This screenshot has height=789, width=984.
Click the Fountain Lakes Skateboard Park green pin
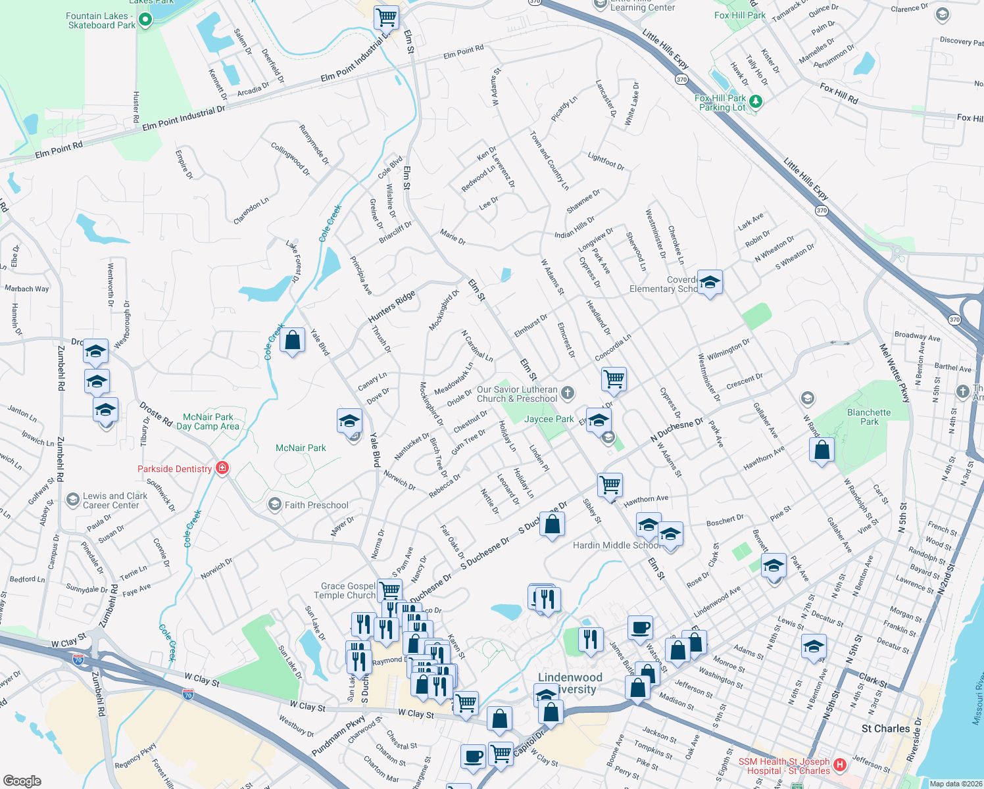[145, 20]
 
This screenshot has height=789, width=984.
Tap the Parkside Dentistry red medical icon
[222, 468]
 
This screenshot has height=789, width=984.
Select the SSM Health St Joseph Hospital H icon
[839, 765]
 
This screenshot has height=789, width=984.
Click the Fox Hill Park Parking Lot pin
[756, 101]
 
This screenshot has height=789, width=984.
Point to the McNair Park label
[301, 448]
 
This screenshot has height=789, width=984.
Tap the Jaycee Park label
[549, 419]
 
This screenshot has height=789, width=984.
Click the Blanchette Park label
[869, 417]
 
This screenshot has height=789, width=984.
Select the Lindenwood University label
[570, 683]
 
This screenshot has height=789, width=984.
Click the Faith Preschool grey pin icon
[274, 504]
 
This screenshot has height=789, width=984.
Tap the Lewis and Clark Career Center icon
[72, 500]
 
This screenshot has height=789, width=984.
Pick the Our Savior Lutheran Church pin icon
[568, 393]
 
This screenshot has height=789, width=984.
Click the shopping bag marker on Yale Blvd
[293, 341]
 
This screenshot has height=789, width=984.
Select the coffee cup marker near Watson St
[640, 628]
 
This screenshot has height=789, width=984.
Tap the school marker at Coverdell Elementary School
[709, 283]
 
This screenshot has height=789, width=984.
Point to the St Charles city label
[885, 729]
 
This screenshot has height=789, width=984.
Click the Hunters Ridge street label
[391, 306]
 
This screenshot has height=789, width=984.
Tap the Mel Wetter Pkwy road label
[895, 373]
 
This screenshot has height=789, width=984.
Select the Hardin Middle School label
[616, 545]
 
